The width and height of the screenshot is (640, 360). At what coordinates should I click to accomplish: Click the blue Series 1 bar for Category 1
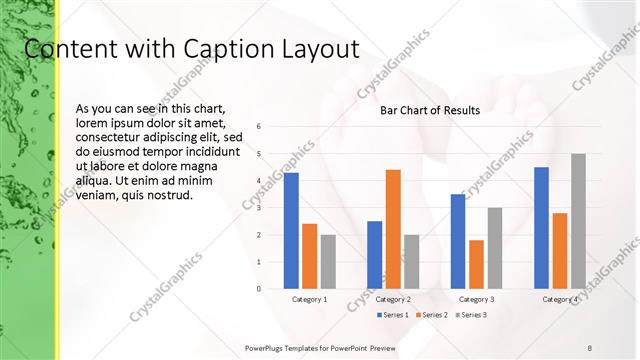click(291, 231)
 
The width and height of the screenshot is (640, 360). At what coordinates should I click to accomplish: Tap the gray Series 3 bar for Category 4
click(578, 221)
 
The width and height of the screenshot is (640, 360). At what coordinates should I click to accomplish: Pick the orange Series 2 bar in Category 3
click(476, 264)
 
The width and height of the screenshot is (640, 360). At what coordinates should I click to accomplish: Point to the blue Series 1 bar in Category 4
click(541, 228)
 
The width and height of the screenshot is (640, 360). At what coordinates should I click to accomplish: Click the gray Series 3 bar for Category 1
click(328, 262)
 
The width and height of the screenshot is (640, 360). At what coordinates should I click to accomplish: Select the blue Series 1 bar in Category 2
click(374, 255)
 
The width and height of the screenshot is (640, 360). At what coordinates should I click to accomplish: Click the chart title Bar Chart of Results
click(430, 111)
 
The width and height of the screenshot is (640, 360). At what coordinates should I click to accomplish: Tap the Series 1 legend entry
click(394, 314)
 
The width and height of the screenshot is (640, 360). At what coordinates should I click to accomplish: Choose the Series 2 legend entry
click(431, 314)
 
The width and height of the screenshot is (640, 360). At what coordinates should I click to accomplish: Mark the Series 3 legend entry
click(469, 314)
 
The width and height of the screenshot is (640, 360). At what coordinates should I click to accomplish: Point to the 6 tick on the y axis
click(259, 127)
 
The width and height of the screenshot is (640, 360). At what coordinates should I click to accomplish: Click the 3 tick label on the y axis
click(259, 208)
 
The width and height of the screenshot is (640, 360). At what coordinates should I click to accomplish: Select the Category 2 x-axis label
click(393, 299)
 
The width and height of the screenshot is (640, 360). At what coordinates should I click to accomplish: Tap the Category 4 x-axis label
click(560, 299)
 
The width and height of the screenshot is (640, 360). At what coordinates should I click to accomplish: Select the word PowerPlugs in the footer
click(266, 347)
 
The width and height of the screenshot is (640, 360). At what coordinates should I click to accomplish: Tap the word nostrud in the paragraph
click(171, 194)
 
